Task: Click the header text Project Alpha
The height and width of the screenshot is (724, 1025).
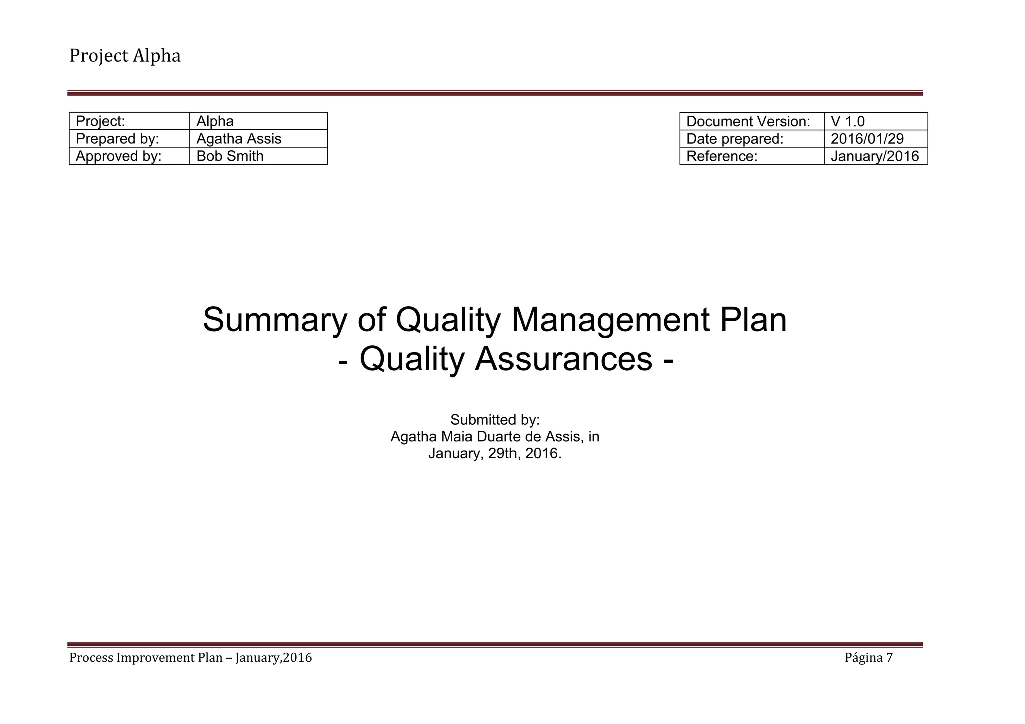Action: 125,56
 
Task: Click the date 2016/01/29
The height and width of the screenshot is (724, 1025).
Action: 867,139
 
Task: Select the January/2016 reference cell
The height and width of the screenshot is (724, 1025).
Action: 875,156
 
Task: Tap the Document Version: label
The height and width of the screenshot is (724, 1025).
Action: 748,121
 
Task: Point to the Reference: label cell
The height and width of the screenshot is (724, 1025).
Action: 722,156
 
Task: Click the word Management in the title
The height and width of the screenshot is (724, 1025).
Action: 610,320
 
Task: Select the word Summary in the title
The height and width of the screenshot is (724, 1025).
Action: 274,320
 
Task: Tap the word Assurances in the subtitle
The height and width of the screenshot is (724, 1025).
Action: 563,359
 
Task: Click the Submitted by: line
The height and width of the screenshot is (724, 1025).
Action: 495,420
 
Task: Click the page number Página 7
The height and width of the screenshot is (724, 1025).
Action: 868,658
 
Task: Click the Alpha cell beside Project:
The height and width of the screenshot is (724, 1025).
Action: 215,121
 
